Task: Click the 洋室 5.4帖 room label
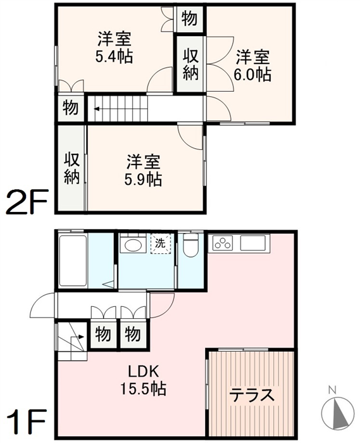pos(115,47)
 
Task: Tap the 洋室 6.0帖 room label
pos(252,66)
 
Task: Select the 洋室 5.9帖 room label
pos(143,170)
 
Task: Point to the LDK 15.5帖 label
pos(144,380)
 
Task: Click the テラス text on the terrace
pos(252,395)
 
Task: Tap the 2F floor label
pos(27,203)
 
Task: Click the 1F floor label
pos(27,421)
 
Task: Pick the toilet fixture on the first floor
pos(191,245)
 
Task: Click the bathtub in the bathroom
pos(73,261)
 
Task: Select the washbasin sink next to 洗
pos(133,244)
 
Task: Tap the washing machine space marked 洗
pos(161,244)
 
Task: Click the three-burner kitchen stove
pos(223,243)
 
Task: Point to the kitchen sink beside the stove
pos(252,243)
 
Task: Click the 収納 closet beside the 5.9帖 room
pos(71,168)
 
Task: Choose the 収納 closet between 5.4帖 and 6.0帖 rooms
pos(190,64)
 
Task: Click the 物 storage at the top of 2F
pos(189,19)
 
